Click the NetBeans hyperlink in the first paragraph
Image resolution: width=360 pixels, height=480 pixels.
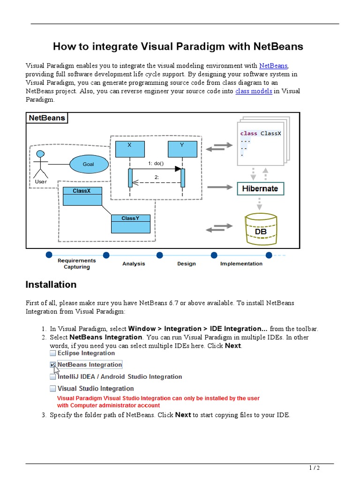(273, 66)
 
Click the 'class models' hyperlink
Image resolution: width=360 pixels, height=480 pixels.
(254, 91)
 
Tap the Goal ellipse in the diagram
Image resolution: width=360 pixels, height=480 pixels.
(89, 164)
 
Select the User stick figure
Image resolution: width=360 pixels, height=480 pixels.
(41, 166)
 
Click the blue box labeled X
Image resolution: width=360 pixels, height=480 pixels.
(129, 149)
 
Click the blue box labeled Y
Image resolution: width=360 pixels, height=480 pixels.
(182, 149)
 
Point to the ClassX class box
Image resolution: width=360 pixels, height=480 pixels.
(82, 196)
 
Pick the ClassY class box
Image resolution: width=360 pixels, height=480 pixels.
(131, 224)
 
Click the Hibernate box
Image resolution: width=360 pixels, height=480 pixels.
(260, 188)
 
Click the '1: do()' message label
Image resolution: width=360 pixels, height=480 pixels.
(156, 163)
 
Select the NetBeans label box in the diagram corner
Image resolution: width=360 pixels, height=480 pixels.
(47, 118)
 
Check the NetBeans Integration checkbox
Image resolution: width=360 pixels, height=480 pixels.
(53, 365)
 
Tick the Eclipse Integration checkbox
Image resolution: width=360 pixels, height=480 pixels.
(53, 353)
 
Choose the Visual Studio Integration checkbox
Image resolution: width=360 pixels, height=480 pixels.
(53, 389)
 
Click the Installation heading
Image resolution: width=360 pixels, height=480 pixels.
(51, 285)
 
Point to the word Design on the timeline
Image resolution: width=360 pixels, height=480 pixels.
(187, 263)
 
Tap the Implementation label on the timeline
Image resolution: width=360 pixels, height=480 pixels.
(241, 263)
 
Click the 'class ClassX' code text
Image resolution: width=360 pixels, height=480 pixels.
(261, 133)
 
